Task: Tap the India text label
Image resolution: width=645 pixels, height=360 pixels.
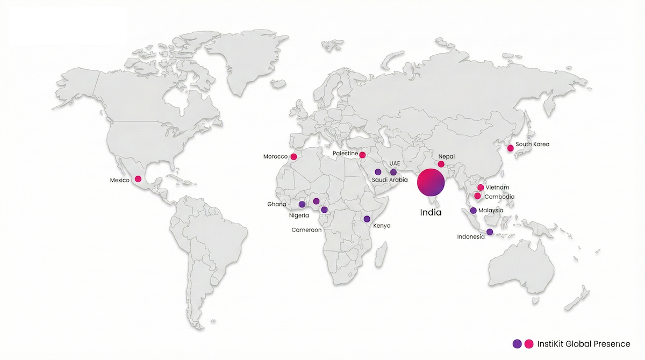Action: pos(431,212)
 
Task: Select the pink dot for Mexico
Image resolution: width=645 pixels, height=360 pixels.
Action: pos(138,179)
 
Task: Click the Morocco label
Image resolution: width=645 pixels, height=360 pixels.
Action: pos(275,156)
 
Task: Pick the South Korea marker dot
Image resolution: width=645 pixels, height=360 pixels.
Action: pos(510,148)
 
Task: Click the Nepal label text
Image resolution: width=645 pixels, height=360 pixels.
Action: pos(446,156)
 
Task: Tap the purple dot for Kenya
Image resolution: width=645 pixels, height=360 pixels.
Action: pos(367,219)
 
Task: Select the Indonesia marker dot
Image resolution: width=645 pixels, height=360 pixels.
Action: pos(490,232)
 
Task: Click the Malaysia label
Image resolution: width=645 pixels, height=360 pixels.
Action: pos(491,210)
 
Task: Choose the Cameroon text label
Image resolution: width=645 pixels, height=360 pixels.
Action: pos(306,230)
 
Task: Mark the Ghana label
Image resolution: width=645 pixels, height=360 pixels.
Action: pos(277,204)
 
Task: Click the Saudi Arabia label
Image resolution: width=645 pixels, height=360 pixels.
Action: pos(390,180)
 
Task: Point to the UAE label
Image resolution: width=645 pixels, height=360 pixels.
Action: pos(395,163)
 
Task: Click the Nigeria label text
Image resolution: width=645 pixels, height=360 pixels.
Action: pos(299,215)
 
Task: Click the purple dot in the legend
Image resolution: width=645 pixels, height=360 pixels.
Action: pos(517,343)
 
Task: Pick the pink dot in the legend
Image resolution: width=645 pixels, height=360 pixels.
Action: pos(528,343)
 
